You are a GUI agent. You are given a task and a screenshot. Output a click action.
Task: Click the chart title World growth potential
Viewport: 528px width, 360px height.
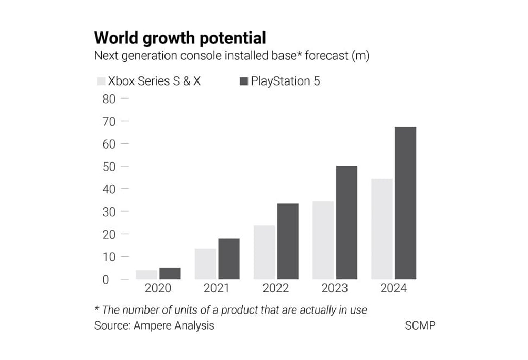point(180,38)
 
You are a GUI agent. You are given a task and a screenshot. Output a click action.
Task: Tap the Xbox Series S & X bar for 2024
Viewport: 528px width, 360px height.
point(382,229)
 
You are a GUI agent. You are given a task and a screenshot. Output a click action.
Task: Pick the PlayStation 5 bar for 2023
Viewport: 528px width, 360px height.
point(346,222)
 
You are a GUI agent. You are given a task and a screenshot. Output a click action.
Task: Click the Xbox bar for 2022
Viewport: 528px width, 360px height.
point(264,252)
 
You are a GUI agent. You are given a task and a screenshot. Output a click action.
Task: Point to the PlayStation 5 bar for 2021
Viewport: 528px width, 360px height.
point(228,258)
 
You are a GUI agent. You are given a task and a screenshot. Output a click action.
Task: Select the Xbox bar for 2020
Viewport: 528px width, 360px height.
point(146,274)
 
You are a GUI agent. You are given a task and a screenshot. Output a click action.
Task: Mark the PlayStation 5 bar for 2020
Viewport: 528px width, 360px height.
point(170,273)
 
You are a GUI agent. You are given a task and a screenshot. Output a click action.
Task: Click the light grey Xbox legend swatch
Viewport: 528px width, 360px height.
point(101,81)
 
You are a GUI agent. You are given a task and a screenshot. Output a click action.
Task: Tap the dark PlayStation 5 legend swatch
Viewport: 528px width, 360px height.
point(243,81)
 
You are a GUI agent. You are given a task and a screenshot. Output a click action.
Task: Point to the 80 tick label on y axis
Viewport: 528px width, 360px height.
point(109,99)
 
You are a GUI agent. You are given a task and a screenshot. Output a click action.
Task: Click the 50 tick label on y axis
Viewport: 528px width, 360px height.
point(109,167)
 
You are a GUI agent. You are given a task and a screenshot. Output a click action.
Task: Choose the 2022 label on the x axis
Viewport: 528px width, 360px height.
point(275,288)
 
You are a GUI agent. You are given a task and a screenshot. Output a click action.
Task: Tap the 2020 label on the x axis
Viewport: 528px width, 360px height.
point(158,288)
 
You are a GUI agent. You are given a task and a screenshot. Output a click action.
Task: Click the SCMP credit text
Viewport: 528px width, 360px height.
point(420,325)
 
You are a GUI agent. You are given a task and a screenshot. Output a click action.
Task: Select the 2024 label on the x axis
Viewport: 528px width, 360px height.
point(393,288)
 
